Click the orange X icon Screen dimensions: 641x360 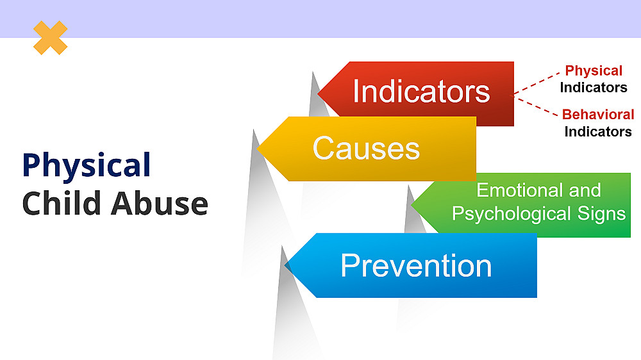[x=50, y=38]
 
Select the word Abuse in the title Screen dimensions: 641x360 [x=160, y=203]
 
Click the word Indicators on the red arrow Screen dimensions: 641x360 [x=421, y=92]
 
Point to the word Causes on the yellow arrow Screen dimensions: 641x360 [x=366, y=148]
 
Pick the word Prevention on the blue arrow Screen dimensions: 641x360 [x=416, y=266]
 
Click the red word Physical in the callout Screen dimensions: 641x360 [x=594, y=70]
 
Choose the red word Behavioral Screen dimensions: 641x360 [x=598, y=115]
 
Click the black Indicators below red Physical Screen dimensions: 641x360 [x=594, y=88]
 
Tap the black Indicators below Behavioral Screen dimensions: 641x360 [x=598, y=131]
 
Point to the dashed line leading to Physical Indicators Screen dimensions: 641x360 [x=537, y=84]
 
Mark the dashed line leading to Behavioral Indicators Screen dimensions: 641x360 [x=536, y=106]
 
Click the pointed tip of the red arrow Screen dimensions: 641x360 [x=318, y=94]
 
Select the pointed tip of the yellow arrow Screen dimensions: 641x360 [x=258, y=149]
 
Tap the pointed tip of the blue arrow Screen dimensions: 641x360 [x=285, y=266]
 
